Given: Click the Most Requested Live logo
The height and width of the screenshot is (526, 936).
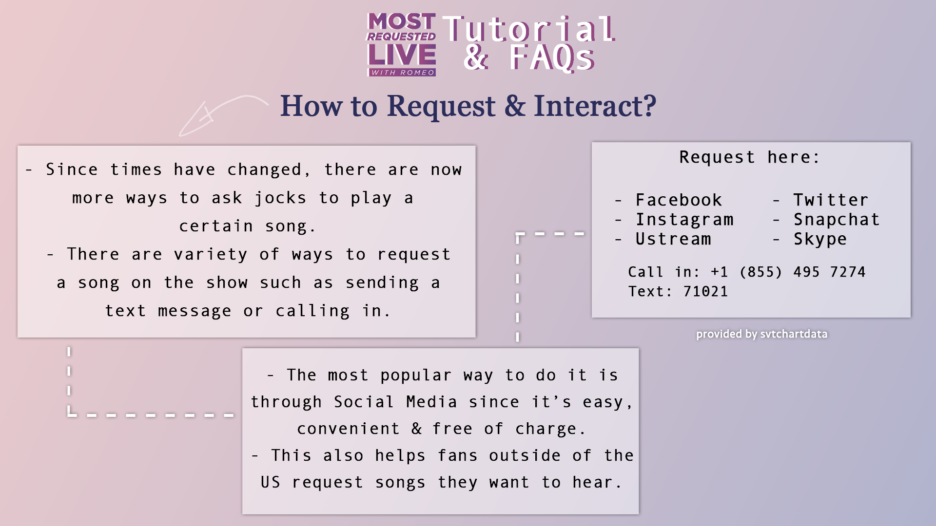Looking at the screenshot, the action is click(x=401, y=45).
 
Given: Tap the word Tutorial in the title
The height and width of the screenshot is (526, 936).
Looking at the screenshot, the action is click(x=529, y=29).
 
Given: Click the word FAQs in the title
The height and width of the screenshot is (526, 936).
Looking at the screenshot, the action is click(x=552, y=57).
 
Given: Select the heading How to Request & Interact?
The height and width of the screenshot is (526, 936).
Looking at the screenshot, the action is click(x=468, y=106).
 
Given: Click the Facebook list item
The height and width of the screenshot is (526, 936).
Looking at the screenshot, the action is click(x=679, y=200).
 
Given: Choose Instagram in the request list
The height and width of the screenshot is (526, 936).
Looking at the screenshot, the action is click(x=684, y=220).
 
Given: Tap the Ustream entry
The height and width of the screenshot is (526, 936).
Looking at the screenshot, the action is click(x=673, y=239).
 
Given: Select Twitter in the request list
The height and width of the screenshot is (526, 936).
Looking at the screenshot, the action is click(x=831, y=200).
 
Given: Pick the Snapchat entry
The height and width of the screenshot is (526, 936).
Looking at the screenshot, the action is click(x=837, y=220).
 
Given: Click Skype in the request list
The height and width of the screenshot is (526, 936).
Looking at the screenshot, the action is click(x=820, y=239).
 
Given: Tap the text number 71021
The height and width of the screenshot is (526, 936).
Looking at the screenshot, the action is click(x=705, y=291).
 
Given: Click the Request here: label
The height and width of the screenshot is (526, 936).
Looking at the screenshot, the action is click(x=749, y=157).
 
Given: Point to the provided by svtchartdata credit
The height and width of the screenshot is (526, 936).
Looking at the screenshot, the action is click(x=761, y=334).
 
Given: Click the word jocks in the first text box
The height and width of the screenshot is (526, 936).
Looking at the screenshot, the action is click(x=280, y=198).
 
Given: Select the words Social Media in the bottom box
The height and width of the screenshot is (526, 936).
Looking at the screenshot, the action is click(x=395, y=402).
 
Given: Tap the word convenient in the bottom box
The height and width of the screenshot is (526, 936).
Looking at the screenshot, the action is click(x=348, y=429).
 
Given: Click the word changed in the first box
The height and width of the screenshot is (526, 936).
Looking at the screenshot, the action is click(x=264, y=169).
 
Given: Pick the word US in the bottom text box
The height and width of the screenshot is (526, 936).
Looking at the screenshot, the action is click(x=270, y=482).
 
